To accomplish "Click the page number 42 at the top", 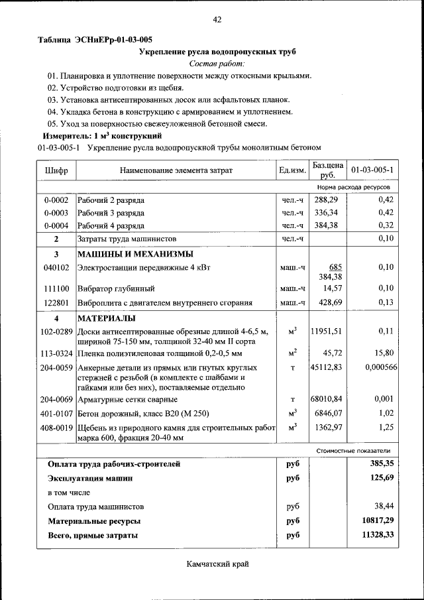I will click(x=217, y=19).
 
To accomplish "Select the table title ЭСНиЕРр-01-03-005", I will click(x=95, y=40).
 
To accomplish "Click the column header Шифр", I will click(x=56, y=170).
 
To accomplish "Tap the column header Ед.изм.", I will click(x=292, y=170).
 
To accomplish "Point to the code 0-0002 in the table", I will click(x=56, y=200).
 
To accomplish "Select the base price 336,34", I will click(x=326, y=213).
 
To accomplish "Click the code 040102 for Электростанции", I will click(x=56, y=267).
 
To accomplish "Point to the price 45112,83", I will click(x=327, y=367).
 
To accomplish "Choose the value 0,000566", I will click(x=380, y=367).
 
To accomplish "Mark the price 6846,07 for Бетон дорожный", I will click(x=327, y=412).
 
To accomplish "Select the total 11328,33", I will click(x=378, y=534).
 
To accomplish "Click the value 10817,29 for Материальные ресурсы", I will click(x=378, y=521).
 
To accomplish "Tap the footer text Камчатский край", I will click(x=217, y=564).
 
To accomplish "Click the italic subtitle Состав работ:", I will click(x=217, y=64).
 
